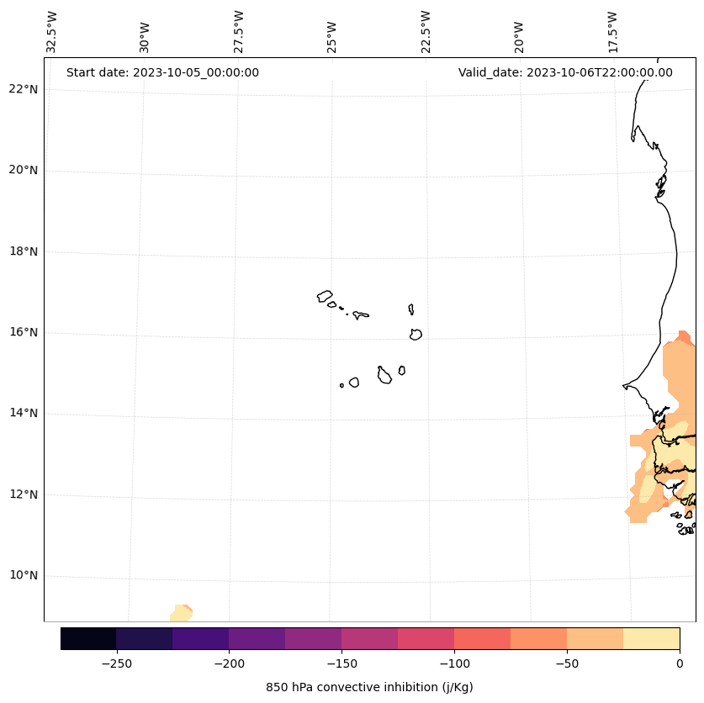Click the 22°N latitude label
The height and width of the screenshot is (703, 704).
pos(24,89)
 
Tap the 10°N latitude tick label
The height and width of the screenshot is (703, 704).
pos(24,576)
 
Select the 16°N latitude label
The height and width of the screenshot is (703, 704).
pos(24,332)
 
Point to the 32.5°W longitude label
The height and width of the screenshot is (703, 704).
pos(52,32)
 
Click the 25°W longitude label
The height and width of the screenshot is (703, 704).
pos(332,37)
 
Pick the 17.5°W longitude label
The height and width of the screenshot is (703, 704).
pos(612,32)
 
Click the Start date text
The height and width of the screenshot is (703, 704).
pos(162,72)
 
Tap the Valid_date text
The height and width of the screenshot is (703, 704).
pos(565,72)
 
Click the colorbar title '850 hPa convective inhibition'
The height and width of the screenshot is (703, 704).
pos(369,687)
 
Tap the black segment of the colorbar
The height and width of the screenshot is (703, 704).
pos(88,638)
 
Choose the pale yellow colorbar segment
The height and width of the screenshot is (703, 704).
pos(651,638)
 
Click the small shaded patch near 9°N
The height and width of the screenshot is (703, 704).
pos(181,613)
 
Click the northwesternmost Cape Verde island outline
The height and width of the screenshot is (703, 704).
pos(325,296)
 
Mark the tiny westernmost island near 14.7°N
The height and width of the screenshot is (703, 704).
pos(341,385)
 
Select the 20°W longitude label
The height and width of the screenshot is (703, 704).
pos(519,37)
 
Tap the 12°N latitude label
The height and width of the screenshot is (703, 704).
pos(24,494)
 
